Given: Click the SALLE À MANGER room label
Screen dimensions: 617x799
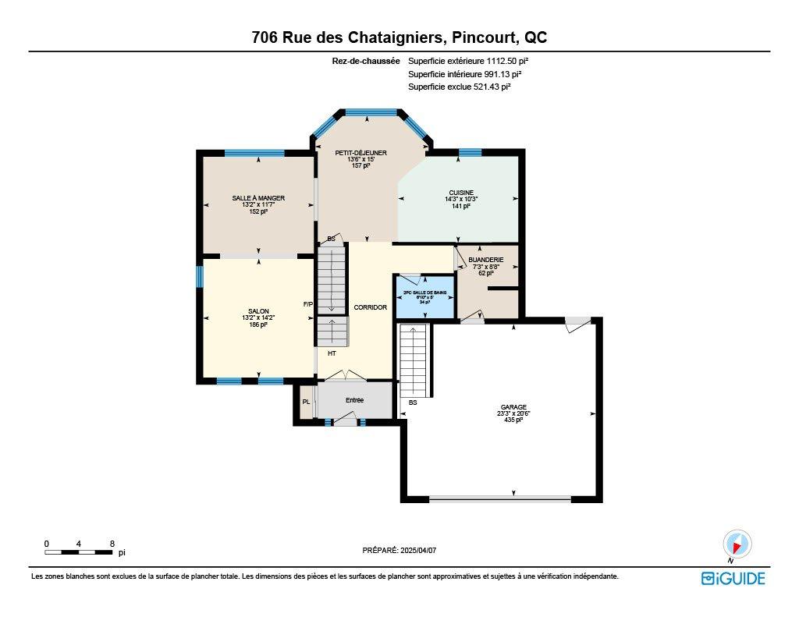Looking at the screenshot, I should (258, 198).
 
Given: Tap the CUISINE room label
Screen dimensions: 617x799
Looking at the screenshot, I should (461, 193).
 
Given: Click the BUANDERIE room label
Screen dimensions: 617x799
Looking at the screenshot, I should (485, 259).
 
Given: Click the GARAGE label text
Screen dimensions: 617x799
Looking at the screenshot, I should (513, 406).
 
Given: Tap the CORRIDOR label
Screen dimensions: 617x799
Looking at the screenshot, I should (370, 307).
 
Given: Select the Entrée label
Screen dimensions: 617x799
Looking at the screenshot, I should (355, 400).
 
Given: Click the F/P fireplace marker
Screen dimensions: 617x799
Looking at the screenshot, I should (307, 304).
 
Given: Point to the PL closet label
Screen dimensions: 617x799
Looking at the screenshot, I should (306, 402).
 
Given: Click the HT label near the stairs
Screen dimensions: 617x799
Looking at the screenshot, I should (332, 353).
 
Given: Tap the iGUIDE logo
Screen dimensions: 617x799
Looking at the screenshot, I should (733, 578).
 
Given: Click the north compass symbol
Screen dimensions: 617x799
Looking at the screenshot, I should (736, 543).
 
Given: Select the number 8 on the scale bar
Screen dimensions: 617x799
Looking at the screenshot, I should (112, 543).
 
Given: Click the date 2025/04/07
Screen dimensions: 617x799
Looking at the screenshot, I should (418, 550).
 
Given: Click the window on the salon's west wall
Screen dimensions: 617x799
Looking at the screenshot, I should (200, 277).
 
